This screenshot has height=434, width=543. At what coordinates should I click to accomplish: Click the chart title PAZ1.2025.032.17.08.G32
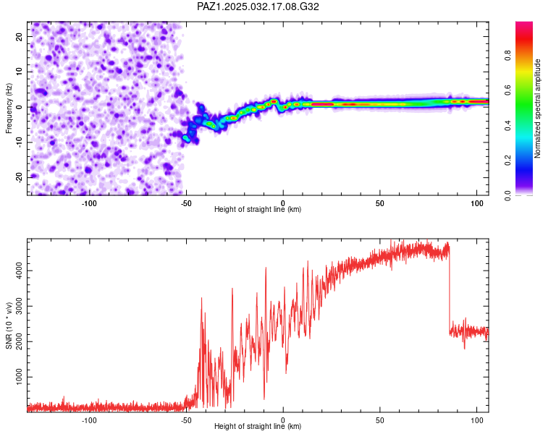point(258,7)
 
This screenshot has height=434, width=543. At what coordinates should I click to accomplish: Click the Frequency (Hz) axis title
point(9,109)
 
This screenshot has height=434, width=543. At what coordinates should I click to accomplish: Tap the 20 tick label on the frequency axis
point(19,36)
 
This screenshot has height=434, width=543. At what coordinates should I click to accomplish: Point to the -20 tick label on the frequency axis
point(19,177)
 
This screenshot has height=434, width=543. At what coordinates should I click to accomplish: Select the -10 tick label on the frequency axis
point(19,142)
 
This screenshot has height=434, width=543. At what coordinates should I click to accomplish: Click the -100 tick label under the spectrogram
point(89,203)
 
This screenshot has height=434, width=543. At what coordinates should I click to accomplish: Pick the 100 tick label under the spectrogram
point(477,203)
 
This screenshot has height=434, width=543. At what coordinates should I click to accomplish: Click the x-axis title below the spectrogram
point(258,209)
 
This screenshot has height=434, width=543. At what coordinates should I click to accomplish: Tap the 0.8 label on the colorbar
point(508,56)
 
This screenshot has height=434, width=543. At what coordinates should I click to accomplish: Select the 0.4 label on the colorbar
point(508,126)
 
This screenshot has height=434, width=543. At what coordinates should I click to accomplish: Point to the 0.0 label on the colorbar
point(508,195)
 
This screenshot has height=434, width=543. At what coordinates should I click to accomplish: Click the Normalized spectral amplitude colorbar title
point(537,109)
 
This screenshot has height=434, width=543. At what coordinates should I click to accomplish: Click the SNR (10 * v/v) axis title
point(9,325)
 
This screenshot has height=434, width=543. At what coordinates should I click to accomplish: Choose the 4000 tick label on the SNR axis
point(19,271)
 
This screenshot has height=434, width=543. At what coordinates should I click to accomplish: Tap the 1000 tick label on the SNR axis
point(19,377)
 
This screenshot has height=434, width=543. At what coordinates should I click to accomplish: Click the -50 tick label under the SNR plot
point(186,420)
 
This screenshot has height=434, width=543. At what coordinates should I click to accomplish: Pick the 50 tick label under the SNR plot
point(380,420)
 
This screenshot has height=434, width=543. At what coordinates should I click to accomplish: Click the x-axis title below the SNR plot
point(258,426)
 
